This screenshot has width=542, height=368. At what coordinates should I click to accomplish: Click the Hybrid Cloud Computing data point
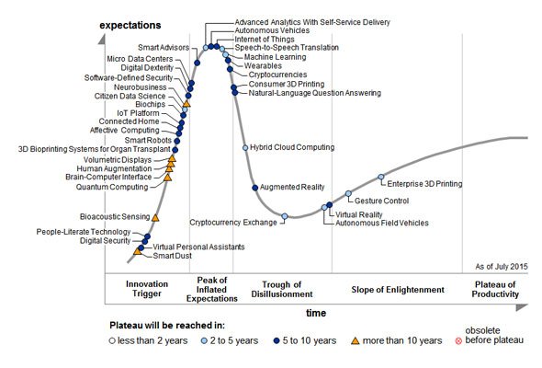click(245, 148)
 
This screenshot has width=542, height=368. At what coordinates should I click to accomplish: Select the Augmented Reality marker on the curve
click(255, 188)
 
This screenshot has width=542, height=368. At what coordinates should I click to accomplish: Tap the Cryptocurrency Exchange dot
click(285, 216)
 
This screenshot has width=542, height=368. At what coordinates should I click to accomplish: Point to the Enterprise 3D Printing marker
click(381, 177)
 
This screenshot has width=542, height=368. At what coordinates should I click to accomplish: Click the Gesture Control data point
click(348, 193)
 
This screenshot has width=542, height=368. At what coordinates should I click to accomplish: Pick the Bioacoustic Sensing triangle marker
click(155, 218)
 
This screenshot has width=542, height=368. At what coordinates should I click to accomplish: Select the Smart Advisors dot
click(197, 63)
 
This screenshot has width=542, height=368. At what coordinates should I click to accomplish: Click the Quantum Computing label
click(112, 187)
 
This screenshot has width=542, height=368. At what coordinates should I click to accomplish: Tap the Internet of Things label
click(265, 40)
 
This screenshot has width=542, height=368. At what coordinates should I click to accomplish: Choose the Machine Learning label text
click(276, 57)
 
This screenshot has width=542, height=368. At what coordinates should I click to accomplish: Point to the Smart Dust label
click(172, 256)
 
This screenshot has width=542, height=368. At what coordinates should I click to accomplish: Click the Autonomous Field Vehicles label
click(382, 223)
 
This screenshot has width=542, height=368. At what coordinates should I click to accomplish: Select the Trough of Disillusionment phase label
click(282, 290)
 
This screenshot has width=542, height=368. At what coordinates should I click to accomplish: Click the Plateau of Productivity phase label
click(495, 290)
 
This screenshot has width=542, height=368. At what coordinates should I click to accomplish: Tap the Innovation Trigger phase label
click(147, 289)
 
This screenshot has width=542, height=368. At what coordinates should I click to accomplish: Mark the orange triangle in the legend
click(355, 341)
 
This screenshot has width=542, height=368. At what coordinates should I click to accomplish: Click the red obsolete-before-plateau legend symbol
click(458, 341)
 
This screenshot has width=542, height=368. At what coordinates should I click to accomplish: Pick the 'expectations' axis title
click(130, 25)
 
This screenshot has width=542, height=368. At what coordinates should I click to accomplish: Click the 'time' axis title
click(316, 313)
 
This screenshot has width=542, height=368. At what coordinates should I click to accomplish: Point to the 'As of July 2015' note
click(502, 267)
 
